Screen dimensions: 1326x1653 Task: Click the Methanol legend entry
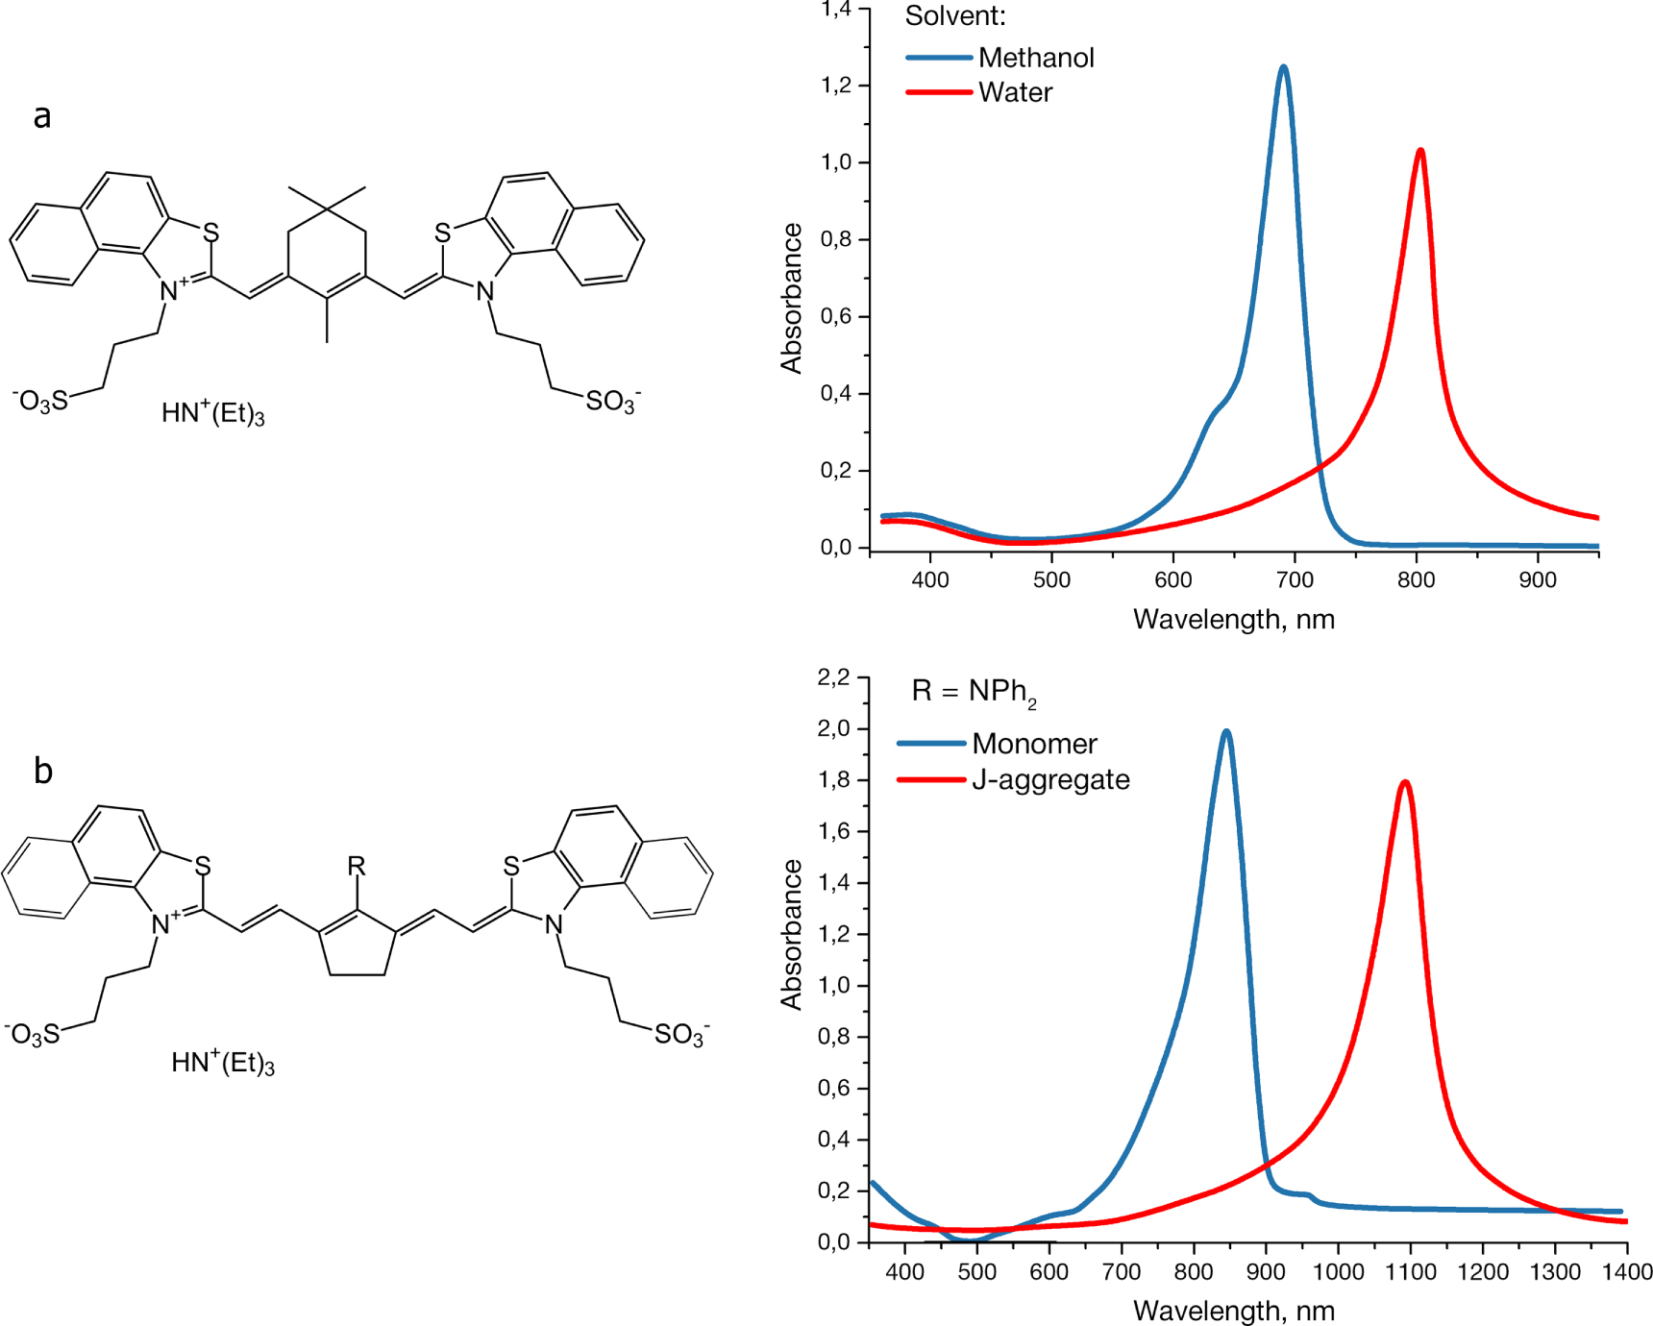pos(1035,58)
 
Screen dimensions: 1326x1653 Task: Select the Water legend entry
pos(1015,92)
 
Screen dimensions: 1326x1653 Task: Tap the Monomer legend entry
pos(1033,744)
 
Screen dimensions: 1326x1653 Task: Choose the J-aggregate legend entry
pos(1049,779)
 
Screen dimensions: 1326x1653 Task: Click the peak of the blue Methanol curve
pos(1283,67)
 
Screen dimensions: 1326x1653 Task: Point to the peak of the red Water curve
pos(1420,151)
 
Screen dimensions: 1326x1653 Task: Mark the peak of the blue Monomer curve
pos(1226,731)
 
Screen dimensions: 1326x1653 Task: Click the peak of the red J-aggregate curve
pos(1406,782)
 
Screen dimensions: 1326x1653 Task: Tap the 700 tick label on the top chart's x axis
pos(1295,580)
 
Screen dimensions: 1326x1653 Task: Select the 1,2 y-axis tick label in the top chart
pos(836,86)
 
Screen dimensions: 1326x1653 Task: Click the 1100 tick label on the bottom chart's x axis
pos(1410,1272)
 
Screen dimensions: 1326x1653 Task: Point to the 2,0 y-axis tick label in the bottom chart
pos(833,728)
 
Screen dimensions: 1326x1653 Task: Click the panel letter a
pos(42,116)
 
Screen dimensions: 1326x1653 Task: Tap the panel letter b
pos(43,771)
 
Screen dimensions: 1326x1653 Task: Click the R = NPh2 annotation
pos(974,692)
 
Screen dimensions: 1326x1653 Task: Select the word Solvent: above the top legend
pos(955,16)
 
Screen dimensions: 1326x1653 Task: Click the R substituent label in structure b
pos(357,866)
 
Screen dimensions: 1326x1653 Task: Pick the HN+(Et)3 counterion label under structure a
pos(212,413)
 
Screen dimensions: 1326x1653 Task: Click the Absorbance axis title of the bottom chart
pos(792,934)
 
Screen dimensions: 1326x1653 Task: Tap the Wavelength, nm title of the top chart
pos(1234,620)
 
